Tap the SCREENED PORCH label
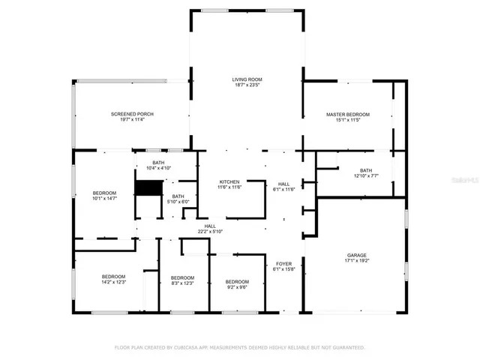(x=132, y=114)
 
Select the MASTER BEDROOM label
(x=347, y=114)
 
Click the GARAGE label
(x=356, y=256)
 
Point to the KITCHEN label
(x=229, y=182)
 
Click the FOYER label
(x=283, y=263)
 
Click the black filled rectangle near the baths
(x=144, y=188)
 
